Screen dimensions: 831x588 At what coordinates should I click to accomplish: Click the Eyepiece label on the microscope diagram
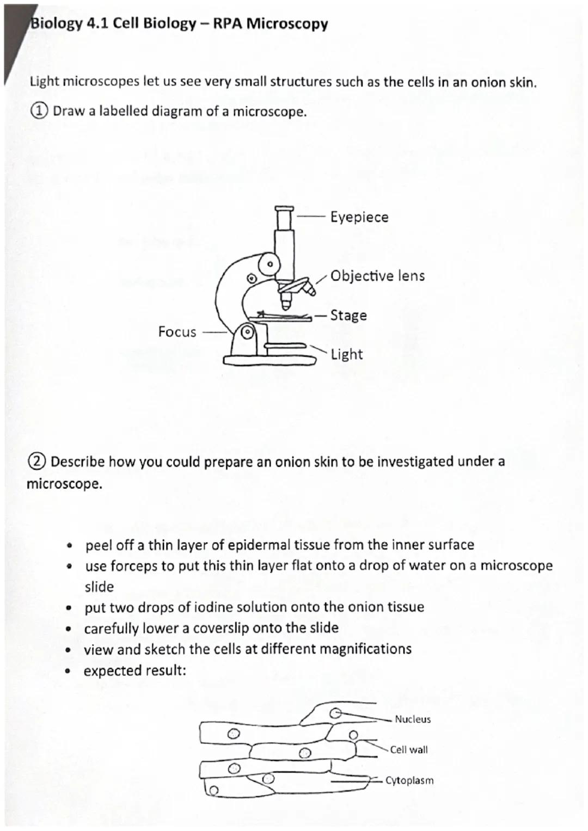359,217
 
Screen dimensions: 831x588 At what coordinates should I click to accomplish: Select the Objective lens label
377,276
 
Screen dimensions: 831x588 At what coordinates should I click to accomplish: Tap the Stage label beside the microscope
348,316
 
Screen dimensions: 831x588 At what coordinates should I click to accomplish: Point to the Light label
346,355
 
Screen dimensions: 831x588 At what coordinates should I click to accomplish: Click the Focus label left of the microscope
177,332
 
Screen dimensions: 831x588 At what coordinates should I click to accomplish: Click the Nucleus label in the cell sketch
413,719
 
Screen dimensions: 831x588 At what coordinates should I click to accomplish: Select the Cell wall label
409,750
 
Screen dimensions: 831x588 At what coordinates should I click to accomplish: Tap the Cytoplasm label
409,780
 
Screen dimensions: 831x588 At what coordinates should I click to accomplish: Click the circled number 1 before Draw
39,111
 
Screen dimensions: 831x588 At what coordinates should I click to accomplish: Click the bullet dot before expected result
68,672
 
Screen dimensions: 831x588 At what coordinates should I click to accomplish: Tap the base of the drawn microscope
269,361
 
